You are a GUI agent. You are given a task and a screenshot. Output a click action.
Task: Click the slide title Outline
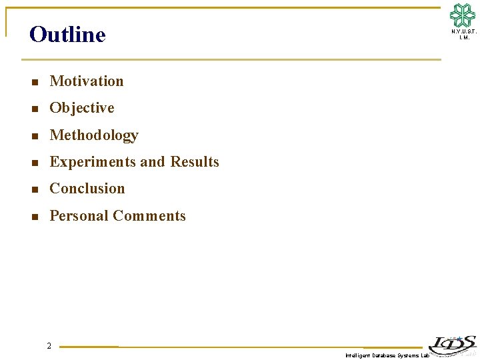pyautogui.click(x=67, y=35)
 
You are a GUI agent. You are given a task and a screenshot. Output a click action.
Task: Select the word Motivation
pyautogui.click(x=87, y=81)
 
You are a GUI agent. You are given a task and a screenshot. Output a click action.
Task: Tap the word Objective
pyautogui.click(x=82, y=108)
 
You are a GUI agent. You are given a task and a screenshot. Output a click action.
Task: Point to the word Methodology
pyautogui.click(x=94, y=135)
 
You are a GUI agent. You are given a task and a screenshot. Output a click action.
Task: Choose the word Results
pyautogui.click(x=195, y=162)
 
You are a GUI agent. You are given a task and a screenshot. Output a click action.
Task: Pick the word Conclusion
pyautogui.click(x=87, y=189)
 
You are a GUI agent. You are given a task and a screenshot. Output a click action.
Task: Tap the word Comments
pyautogui.click(x=149, y=216)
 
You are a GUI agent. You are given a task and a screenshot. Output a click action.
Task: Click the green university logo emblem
pyautogui.click(x=463, y=15)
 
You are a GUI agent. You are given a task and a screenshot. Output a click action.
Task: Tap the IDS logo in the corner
pyautogui.click(x=452, y=345)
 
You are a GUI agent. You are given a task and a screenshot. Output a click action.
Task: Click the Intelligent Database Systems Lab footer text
pyautogui.click(x=387, y=356)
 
